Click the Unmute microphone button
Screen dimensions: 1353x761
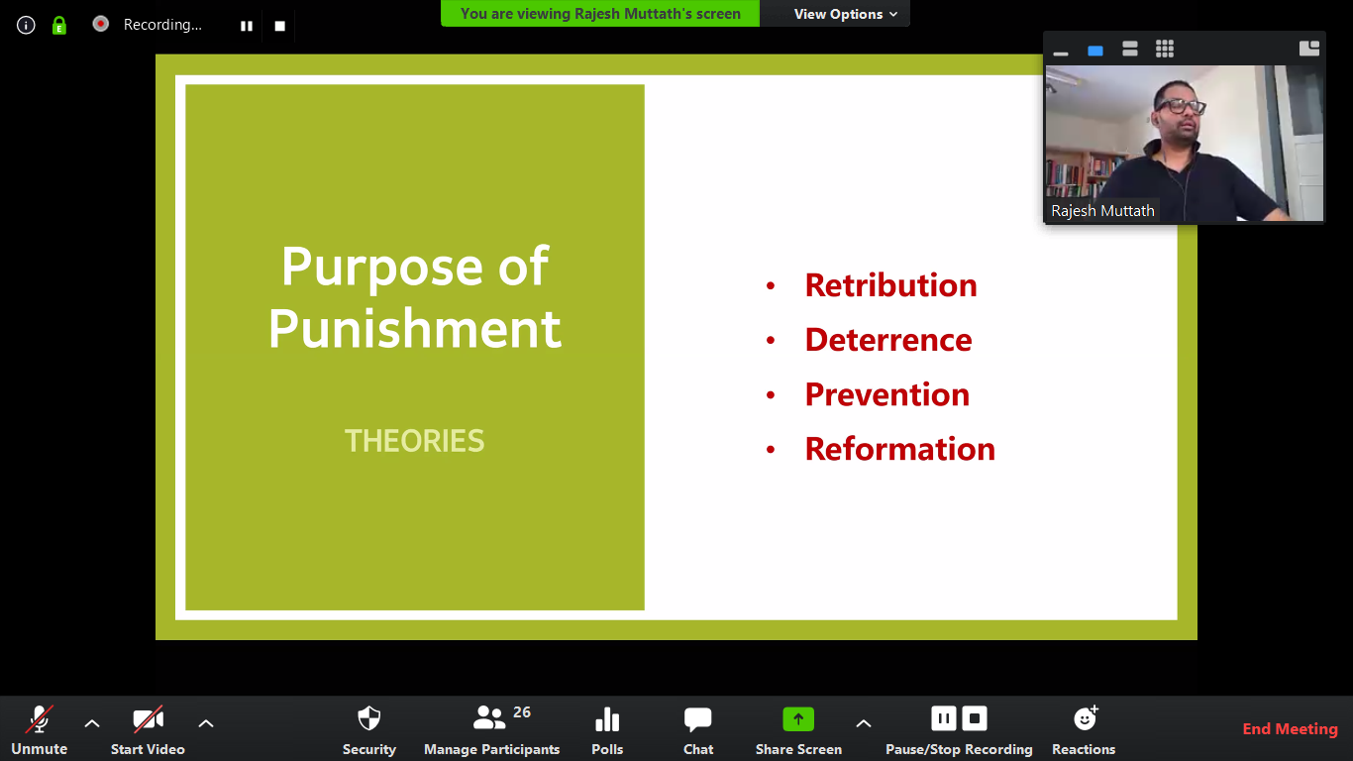[x=40, y=719]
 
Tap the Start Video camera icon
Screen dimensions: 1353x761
[x=148, y=719]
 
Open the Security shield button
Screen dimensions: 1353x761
[x=369, y=719]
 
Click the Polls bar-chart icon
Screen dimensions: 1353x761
[x=607, y=719]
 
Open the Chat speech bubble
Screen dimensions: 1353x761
[x=697, y=719]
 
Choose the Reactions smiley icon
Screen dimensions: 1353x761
[x=1086, y=718]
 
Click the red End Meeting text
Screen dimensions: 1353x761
[x=1290, y=729]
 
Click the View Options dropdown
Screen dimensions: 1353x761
[x=845, y=14]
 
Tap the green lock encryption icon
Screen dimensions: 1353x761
[x=59, y=26]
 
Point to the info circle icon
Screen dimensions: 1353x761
[x=26, y=26]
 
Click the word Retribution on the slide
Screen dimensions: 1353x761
[x=890, y=285]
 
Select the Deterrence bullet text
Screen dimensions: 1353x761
[x=888, y=340]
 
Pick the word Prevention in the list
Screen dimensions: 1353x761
[x=887, y=394]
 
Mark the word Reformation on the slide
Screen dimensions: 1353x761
[x=900, y=449]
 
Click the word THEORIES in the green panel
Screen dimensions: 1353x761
[x=414, y=441]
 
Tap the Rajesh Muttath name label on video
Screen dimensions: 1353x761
[x=1102, y=211]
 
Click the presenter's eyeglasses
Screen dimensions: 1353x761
[x=1180, y=107]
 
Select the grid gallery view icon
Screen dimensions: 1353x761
[x=1165, y=49]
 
